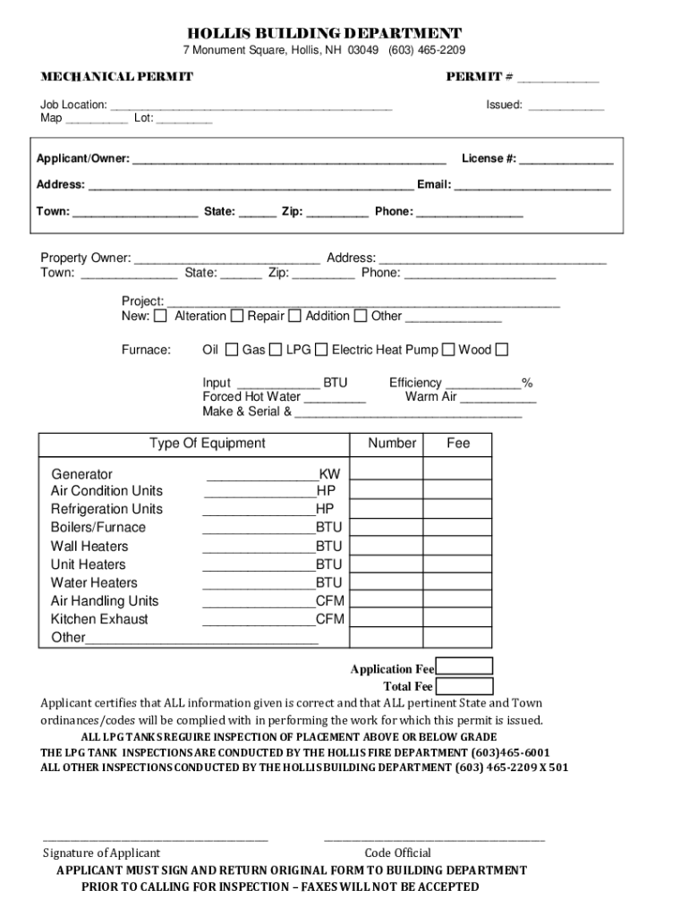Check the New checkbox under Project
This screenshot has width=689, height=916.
(160, 316)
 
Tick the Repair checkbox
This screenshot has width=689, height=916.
(237, 316)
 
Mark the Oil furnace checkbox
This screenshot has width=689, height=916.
(232, 350)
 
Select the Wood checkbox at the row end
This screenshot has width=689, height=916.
(502, 350)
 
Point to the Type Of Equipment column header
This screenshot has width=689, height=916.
(207, 444)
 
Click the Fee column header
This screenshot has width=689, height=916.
(458, 444)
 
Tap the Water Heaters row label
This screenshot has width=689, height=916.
(94, 583)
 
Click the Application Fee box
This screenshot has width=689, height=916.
(464, 666)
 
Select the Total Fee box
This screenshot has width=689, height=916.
(464, 686)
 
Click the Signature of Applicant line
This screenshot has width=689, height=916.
(156, 839)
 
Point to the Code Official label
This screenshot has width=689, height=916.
(397, 852)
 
